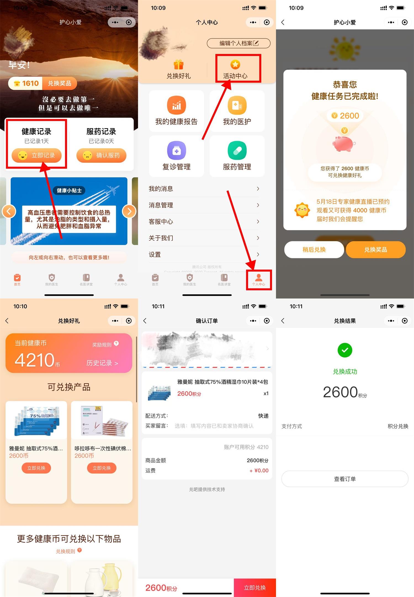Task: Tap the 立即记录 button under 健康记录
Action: point(36,155)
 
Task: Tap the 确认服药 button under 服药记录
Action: point(101,155)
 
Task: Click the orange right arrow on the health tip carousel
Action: point(129,211)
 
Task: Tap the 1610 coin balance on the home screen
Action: point(26,83)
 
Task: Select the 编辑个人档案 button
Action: point(238,43)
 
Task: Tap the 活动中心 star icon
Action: point(235,65)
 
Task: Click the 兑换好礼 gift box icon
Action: point(179,65)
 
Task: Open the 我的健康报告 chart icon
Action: point(176,105)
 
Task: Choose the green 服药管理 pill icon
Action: point(237,150)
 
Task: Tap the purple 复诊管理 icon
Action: point(176,150)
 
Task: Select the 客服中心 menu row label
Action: point(161,222)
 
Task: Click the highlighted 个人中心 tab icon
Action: point(259,278)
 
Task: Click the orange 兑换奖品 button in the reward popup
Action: point(375,250)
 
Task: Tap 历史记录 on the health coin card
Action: point(102,363)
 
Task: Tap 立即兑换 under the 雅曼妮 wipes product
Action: point(36,468)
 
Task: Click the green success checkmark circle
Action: point(345,350)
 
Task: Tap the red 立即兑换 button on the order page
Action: point(255,588)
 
